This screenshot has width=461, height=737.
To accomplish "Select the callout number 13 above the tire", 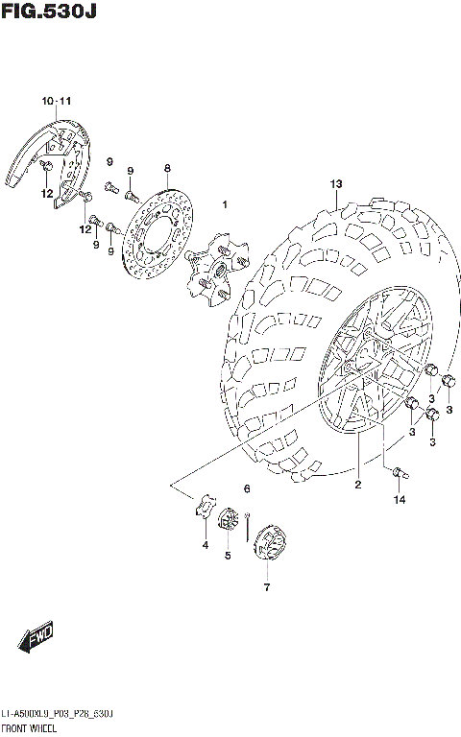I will [x=336, y=183].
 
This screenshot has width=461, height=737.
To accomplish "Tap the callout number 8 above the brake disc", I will [x=166, y=167].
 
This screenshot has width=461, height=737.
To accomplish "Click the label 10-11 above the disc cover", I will [x=56, y=102].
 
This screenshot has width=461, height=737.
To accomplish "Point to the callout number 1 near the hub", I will [x=225, y=204].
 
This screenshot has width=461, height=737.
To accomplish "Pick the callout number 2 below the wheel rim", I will [x=357, y=485].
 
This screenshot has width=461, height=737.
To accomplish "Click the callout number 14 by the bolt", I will [x=398, y=500].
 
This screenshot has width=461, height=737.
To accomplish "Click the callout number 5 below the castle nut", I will [x=228, y=555].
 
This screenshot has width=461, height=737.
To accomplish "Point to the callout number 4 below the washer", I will [x=205, y=546].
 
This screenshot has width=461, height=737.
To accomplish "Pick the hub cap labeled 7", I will [x=268, y=544].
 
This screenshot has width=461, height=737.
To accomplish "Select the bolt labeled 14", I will [x=398, y=471].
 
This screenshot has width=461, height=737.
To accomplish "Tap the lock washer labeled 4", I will [x=204, y=508].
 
